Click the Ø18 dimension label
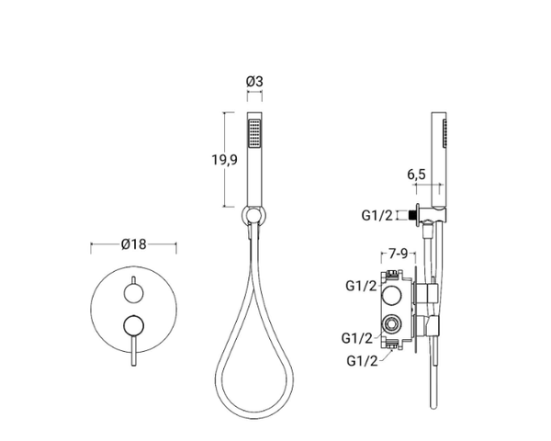(x=133, y=243)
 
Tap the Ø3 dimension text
(x=254, y=82)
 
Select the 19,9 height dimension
(x=224, y=160)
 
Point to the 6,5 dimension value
(x=416, y=175)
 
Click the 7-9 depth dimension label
(x=399, y=254)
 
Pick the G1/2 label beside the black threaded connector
(x=377, y=215)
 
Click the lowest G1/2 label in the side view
(x=362, y=361)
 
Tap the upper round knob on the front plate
(x=133, y=293)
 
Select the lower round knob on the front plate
(x=133, y=324)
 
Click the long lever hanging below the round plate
(x=133, y=350)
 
